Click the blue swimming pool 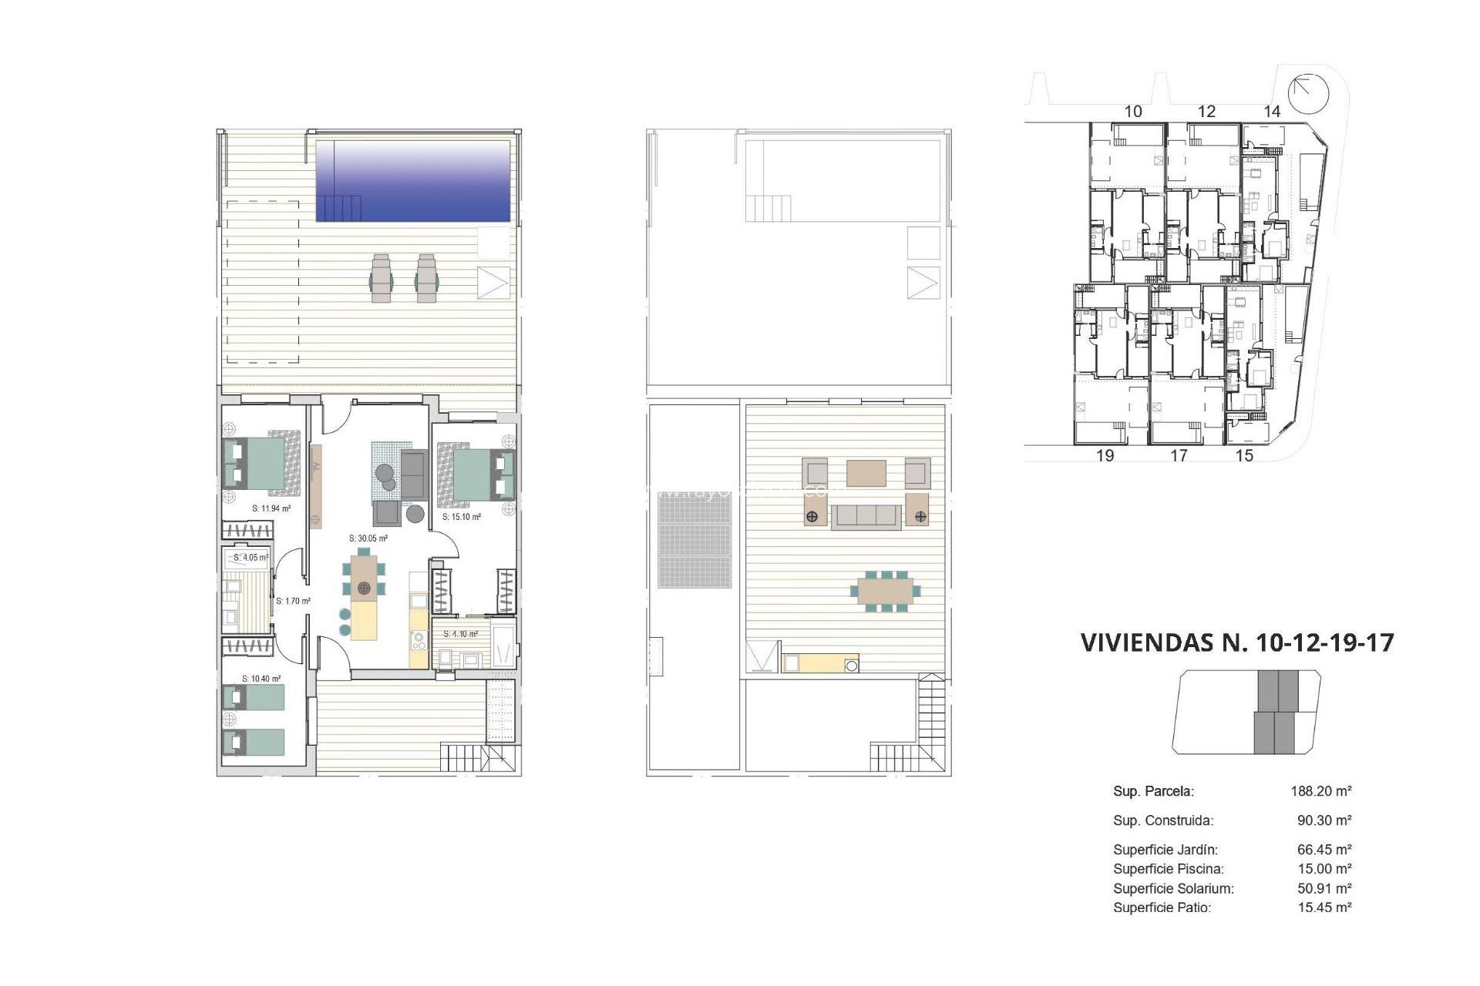click(413, 181)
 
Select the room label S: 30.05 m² click(368, 538)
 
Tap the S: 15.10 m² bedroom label click(462, 517)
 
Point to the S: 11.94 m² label click(271, 508)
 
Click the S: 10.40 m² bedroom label click(261, 679)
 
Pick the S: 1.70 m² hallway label click(293, 601)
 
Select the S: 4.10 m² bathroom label click(461, 634)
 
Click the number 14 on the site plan click(1272, 112)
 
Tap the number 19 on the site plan click(1105, 455)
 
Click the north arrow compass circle click(1309, 93)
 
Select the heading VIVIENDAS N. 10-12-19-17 click(1237, 642)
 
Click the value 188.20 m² click(1321, 791)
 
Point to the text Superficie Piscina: click(1168, 869)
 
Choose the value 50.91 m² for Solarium click(1324, 888)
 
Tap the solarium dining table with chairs click(886, 591)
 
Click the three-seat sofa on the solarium click(866, 516)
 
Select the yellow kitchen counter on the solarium click(819, 663)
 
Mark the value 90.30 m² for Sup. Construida click(1324, 820)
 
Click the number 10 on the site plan click(1133, 112)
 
